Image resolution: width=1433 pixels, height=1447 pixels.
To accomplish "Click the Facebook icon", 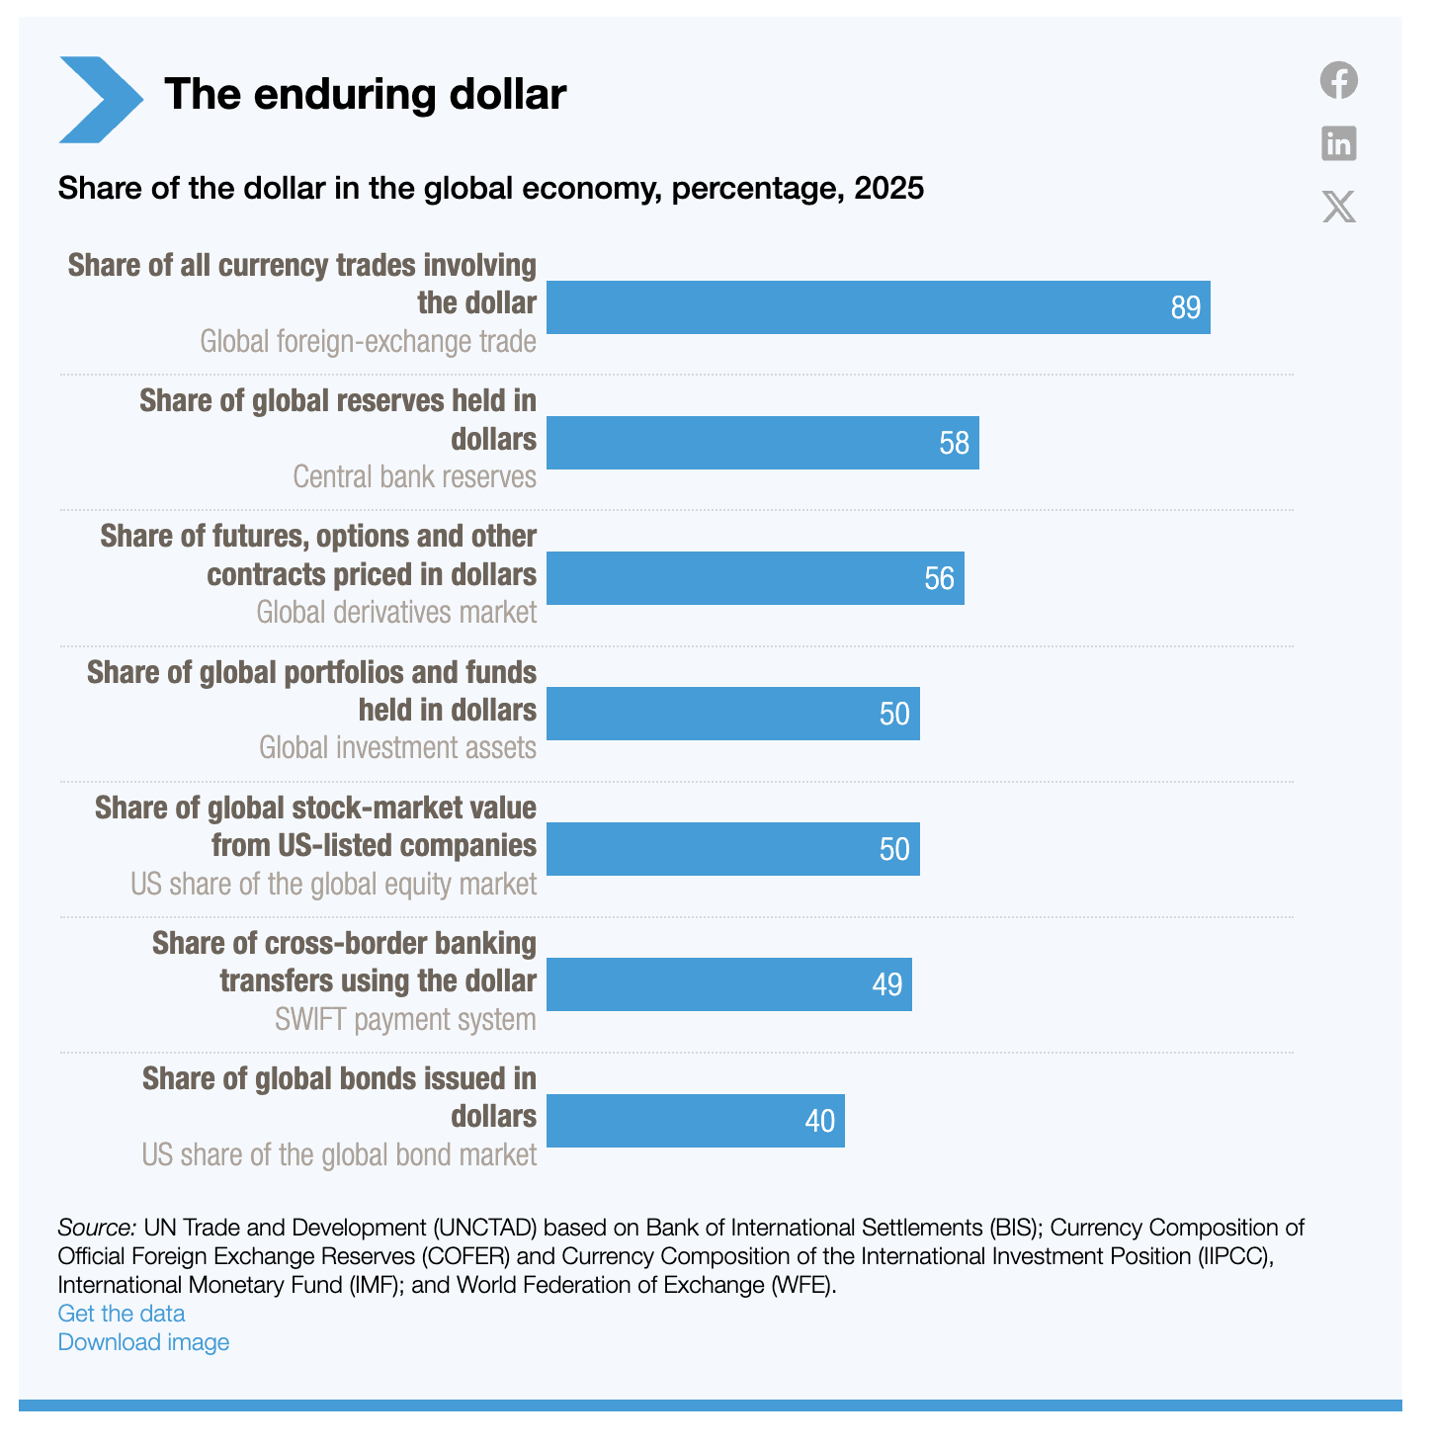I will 1339,80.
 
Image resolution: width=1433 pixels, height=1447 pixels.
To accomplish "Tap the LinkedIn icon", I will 1339,143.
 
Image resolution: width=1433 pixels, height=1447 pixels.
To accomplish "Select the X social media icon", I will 1339,207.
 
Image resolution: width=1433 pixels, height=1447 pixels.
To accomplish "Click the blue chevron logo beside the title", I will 100,99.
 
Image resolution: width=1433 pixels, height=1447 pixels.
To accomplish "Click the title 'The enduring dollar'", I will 365,95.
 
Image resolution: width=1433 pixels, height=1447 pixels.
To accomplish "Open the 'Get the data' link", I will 122,1314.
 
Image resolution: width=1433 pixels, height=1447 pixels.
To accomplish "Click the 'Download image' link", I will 143,1342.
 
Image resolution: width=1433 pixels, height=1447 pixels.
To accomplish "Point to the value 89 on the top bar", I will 1185,307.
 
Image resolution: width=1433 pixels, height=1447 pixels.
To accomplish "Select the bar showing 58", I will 762,443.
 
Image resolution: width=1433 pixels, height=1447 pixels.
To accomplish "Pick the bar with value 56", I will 755,578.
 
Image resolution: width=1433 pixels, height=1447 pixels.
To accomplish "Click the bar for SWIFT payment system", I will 728,984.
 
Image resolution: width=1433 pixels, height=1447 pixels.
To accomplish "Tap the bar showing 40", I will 695,1121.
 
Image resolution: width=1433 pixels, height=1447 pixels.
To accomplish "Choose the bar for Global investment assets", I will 732,714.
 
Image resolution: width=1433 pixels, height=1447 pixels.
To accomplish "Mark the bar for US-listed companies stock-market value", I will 732,849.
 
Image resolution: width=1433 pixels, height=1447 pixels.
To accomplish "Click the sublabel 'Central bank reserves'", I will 414,476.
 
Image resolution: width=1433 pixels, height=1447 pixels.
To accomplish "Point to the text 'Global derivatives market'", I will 396,613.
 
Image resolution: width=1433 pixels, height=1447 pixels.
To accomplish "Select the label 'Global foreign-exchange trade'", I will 368,342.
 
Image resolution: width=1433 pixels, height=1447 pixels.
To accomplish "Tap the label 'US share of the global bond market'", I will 339,1155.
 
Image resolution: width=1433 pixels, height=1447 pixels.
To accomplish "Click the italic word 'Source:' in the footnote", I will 97,1228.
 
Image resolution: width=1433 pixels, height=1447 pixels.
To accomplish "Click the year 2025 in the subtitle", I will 889,188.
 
